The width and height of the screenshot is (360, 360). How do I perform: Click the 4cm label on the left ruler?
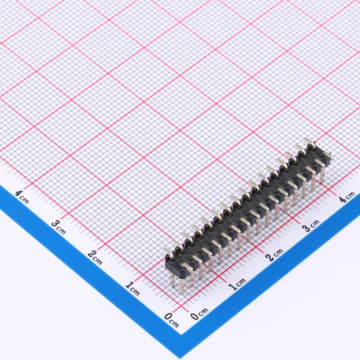click(x=22, y=197)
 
